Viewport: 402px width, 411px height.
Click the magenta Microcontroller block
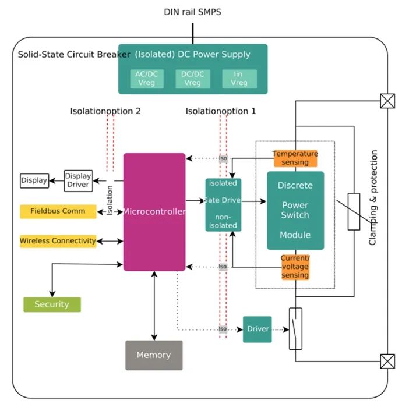(154, 212)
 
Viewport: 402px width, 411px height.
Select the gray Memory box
(154, 355)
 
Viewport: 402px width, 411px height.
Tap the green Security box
(52, 304)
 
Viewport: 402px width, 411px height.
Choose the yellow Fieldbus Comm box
(58, 211)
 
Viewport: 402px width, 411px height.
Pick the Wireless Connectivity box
(58, 241)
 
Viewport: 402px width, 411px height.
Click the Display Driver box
(78, 180)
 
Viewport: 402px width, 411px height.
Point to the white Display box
(34, 180)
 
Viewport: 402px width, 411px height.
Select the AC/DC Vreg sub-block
(147, 79)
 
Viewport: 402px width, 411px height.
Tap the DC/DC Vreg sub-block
(193, 79)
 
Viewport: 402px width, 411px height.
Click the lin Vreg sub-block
(239, 79)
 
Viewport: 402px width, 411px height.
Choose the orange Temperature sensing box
(295, 158)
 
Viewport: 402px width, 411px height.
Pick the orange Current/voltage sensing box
(295, 267)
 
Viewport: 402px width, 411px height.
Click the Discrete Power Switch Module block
(295, 211)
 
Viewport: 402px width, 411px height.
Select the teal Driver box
(258, 329)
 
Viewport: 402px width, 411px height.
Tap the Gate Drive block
(223, 205)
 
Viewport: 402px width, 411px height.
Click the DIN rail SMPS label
(193, 12)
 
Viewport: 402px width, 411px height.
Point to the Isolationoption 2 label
(105, 111)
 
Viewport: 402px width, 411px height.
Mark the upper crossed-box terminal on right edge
(387, 101)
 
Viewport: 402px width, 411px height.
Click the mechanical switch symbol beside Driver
(295, 329)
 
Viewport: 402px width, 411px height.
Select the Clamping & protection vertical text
(373, 197)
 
